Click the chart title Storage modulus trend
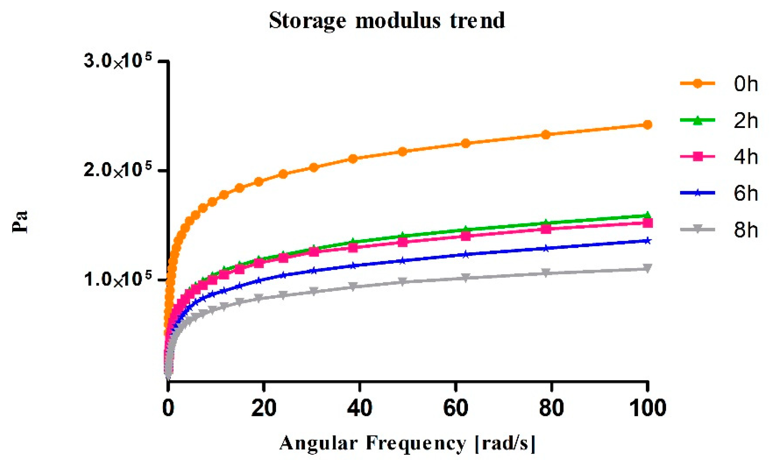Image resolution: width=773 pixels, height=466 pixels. coord(387,21)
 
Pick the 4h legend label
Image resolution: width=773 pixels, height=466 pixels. coord(746,157)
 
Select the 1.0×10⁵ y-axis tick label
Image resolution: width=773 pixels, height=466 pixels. coord(118,279)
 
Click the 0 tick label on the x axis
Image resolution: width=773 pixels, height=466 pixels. coord(168,408)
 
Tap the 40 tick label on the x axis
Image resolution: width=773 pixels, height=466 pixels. coord(360,408)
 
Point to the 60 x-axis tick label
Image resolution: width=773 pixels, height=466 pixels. coord(455,408)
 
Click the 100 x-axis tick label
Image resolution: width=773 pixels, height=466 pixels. coord(648,408)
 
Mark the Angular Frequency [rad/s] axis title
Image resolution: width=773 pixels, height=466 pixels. coord(407,443)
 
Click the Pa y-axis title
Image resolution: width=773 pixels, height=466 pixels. coord(20,222)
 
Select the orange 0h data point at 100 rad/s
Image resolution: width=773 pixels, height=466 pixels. coord(647,125)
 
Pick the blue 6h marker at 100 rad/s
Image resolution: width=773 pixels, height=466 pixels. coord(647,241)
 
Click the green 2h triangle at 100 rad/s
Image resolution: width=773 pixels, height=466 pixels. coord(647,215)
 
